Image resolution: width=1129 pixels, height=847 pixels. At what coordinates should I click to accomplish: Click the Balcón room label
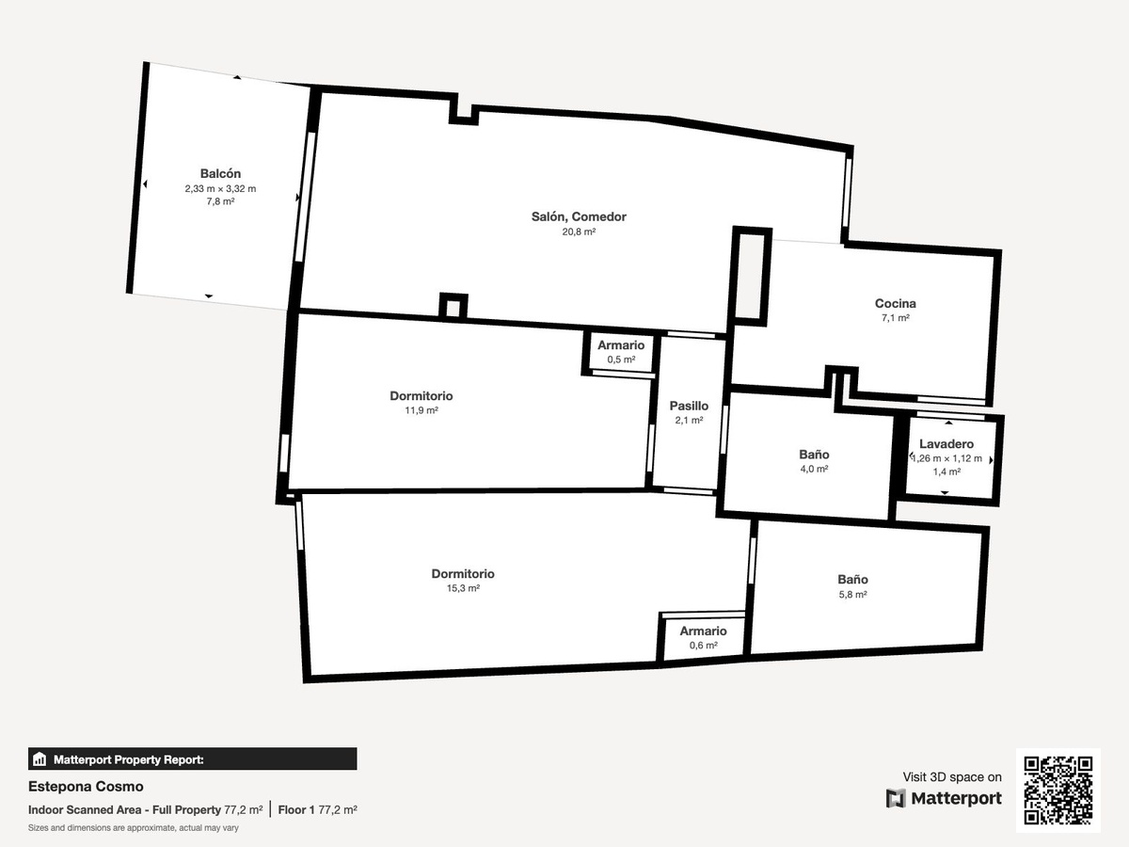tap(220, 173)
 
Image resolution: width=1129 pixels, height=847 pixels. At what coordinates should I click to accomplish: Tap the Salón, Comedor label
tap(579, 216)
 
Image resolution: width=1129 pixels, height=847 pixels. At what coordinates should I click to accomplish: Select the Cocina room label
tap(895, 303)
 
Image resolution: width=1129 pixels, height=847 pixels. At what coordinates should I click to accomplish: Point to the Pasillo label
tap(689, 406)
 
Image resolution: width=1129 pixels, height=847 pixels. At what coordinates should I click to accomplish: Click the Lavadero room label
tap(946, 444)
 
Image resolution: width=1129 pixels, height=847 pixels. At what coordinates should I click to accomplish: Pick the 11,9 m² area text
tap(421, 410)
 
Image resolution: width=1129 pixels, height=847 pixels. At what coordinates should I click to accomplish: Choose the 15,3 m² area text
tap(463, 588)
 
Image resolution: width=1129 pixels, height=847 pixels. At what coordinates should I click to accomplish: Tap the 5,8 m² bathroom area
tap(852, 594)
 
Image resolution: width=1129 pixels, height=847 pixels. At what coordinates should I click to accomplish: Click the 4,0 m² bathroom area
tap(814, 469)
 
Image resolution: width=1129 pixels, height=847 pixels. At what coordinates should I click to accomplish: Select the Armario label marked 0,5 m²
tap(621, 345)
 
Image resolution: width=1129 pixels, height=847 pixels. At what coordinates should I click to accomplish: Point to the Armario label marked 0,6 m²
tap(703, 631)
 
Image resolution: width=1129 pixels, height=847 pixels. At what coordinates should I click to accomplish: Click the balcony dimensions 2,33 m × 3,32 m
tap(220, 189)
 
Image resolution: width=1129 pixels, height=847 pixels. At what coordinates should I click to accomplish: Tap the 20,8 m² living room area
tap(579, 232)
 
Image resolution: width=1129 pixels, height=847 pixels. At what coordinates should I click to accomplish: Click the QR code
tap(1058, 790)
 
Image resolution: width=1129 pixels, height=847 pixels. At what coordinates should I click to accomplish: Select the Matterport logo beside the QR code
tap(944, 798)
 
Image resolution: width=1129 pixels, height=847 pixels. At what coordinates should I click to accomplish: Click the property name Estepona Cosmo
tap(86, 787)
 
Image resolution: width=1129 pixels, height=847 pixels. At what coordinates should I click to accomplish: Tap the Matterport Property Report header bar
tap(192, 759)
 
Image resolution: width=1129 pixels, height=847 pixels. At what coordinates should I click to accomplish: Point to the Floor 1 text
tap(296, 810)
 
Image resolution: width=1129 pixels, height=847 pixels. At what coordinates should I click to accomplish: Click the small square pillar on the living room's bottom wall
tap(453, 307)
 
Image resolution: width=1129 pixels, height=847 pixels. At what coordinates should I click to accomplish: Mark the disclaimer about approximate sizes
tap(134, 828)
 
